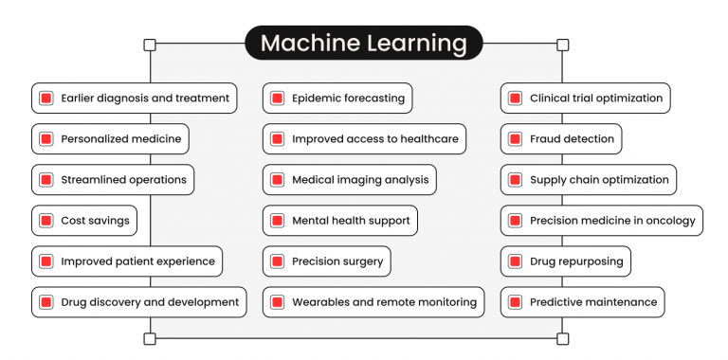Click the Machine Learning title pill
[x=364, y=44]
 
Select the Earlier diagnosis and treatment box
[x=134, y=99]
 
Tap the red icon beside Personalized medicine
[x=45, y=139]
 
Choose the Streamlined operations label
[x=123, y=180]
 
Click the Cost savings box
[x=84, y=221]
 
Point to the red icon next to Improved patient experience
[x=45, y=261]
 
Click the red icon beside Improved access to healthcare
[x=277, y=139]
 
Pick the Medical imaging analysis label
[x=360, y=180]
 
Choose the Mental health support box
[x=339, y=221]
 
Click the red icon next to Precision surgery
[x=277, y=261]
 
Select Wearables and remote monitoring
[x=373, y=302]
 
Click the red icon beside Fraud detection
[x=515, y=139]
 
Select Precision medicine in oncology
[x=601, y=221]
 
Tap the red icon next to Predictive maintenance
[x=515, y=302]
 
